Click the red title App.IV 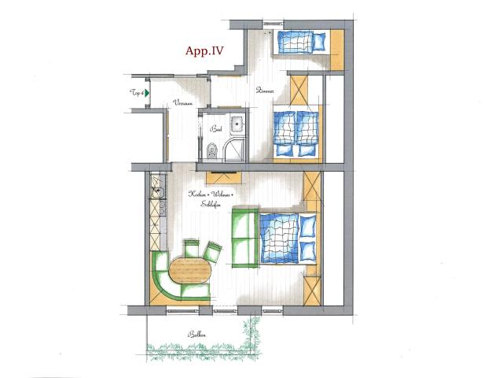click(204, 52)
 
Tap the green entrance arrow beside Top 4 click(146, 93)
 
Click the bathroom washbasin click(234, 123)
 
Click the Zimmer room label click(264, 91)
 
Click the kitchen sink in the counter click(156, 191)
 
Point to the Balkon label click(196, 336)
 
